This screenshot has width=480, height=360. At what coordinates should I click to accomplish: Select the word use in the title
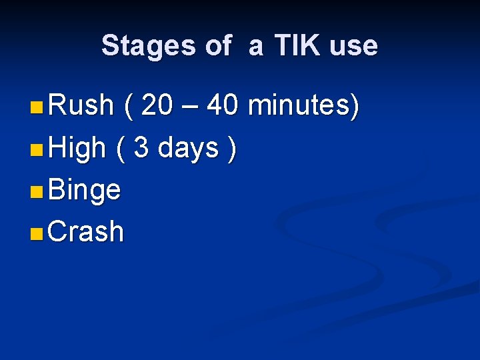[353, 47]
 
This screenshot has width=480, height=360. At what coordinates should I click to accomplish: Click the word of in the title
[218, 46]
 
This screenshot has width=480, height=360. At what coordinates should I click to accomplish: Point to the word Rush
[81, 105]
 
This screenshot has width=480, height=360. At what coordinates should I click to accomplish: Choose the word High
[77, 148]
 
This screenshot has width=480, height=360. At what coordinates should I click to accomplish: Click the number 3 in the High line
[141, 148]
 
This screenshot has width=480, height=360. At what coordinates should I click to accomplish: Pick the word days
[189, 148]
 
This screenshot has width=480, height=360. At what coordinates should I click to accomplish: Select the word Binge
[85, 191]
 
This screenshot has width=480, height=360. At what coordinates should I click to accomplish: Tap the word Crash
[86, 232]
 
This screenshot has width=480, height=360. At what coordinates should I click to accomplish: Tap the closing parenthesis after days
[231, 148]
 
